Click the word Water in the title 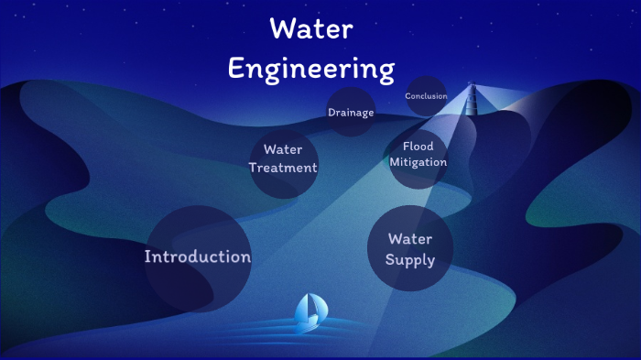tap(311, 29)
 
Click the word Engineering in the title tap(311, 69)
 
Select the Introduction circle tap(198, 258)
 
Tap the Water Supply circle tap(410, 248)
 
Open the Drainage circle tap(351, 112)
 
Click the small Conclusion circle tap(426, 96)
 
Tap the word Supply tap(410, 260)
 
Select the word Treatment tap(283, 168)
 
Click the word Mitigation tap(418, 162)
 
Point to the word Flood tap(418, 147)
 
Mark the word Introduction tap(198, 256)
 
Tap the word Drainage tap(351, 113)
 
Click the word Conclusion tap(426, 96)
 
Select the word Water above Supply tap(410, 239)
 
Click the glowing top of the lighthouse tap(473, 89)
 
